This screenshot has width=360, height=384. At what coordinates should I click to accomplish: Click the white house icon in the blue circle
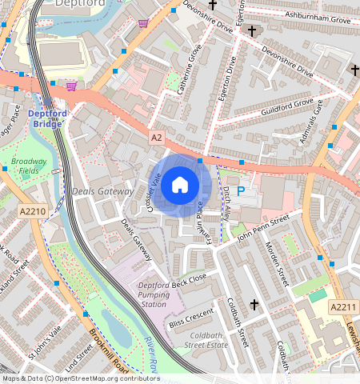180,186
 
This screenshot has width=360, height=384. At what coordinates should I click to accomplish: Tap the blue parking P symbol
241,193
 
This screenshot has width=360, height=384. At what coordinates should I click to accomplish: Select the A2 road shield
157,138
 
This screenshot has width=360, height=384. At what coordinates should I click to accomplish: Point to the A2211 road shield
342,306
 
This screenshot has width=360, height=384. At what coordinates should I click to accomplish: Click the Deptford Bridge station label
48,118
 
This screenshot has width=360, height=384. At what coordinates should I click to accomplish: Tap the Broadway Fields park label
28,166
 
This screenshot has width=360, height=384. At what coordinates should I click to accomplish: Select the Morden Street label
275,255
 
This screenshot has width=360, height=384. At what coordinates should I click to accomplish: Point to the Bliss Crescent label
192,318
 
